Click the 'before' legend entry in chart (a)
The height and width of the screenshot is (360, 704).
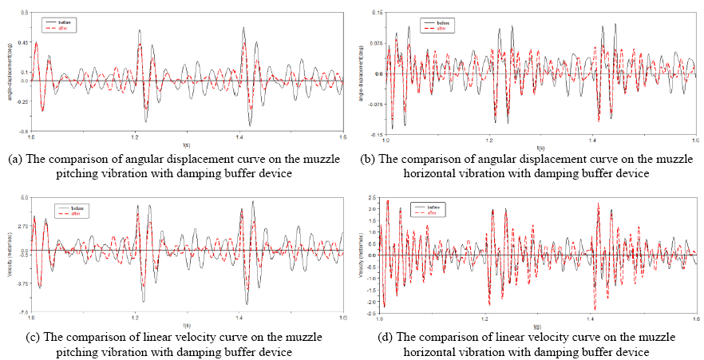pyautogui.click(x=64, y=22)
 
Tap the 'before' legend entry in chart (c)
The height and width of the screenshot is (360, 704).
pyautogui.click(x=78, y=208)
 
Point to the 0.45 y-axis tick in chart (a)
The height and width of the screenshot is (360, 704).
pyautogui.click(x=24, y=42)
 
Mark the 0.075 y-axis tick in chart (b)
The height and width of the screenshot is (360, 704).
pyautogui.click(x=374, y=43)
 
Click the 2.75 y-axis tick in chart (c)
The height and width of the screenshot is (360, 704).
pyautogui.click(x=24, y=226)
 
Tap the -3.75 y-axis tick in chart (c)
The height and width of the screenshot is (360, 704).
pyautogui.click(x=23, y=283)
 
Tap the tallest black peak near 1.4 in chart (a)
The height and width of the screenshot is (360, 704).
pyautogui.click(x=243, y=29)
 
